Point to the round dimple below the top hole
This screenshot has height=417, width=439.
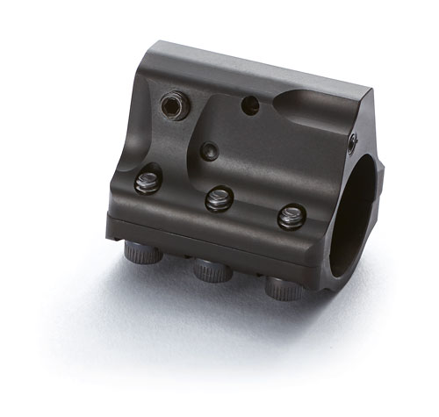(210, 152)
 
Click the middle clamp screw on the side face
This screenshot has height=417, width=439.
(219, 198)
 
